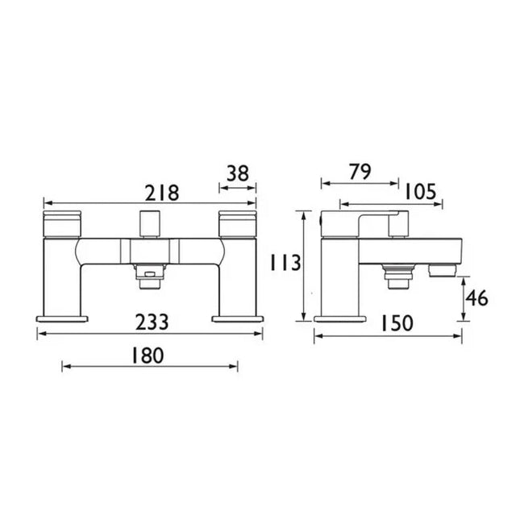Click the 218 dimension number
(x=163, y=193)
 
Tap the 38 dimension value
(x=238, y=173)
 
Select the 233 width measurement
(x=152, y=322)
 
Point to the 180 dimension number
(x=148, y=356)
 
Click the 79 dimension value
(x=360, y=172)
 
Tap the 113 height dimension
(x=285, y=262)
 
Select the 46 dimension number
(x=477, y=297)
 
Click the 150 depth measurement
(x=397, y=323)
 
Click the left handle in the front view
(x=62, y=223)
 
